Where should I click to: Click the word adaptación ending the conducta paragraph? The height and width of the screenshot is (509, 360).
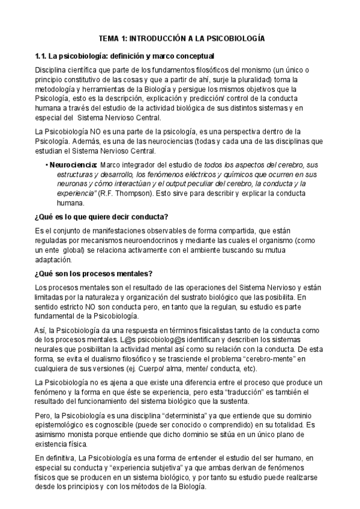(x=53, y=260)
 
